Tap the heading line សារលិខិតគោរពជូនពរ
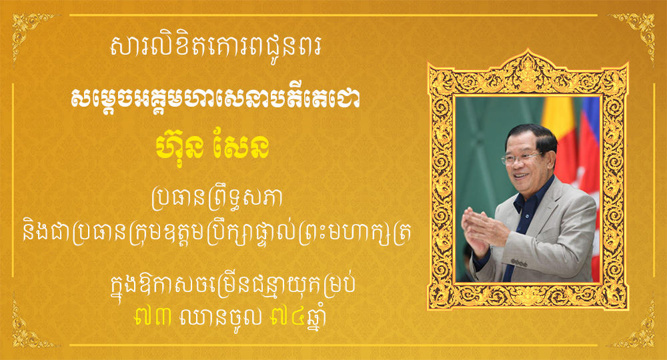[216, 47]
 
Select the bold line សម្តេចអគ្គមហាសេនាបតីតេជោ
[216, 99]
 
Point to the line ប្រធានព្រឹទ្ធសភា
[217, 199]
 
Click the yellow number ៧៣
[153, 317]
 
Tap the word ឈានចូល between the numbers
[221, 317]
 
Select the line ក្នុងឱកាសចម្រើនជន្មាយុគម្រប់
[233, 285]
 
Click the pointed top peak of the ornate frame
[528, 50]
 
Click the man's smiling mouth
[522, 176]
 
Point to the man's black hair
[534, 136]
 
